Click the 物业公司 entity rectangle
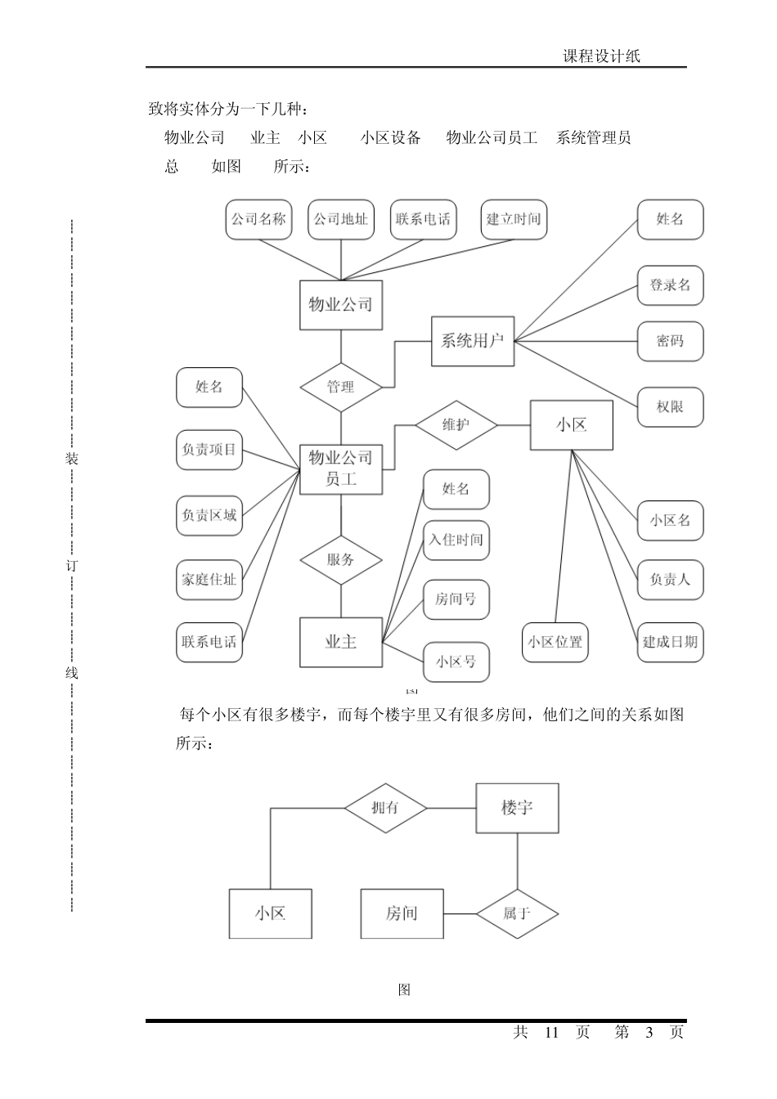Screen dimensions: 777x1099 [340, 305]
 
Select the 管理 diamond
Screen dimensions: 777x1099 [340, 387]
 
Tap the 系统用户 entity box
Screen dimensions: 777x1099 [473, 341]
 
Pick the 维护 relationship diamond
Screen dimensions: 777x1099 [456, 425]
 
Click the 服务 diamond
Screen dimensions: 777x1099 [340, 560]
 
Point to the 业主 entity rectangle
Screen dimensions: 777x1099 [340, 642]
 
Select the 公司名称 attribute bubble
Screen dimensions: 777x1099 [258, 219]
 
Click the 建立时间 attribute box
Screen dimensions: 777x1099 [514, 219]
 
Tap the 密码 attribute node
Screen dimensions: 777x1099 [670, 341]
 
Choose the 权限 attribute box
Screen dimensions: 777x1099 [670, 406]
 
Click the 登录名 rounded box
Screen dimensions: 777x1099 [670, 285]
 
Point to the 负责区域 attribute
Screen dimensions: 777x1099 [209, 516]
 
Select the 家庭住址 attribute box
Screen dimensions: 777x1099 [209, 580]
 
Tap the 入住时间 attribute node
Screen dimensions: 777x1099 [456, 541]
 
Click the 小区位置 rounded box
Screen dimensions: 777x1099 [555, 642]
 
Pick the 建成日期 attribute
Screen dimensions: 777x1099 [670, 642]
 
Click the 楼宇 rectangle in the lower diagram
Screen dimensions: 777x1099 [517, 808]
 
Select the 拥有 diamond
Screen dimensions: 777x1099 [385, 808]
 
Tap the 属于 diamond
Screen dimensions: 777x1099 [518, 913]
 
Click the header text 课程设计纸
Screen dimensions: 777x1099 [601, 56]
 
